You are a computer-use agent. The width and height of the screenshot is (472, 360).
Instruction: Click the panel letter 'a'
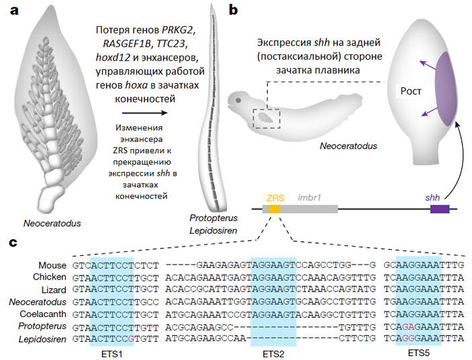12,11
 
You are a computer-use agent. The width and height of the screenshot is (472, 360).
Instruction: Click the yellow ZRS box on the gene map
275,210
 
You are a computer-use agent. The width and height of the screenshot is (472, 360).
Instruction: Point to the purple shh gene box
440,210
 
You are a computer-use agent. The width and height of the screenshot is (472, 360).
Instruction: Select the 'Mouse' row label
52,265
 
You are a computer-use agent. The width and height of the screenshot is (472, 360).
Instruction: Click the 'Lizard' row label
52,289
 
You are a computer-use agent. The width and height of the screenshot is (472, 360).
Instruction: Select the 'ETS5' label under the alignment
417,351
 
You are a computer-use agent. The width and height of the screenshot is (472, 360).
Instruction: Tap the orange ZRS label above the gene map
274,198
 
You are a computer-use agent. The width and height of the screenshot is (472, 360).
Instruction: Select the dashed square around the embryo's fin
266,118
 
